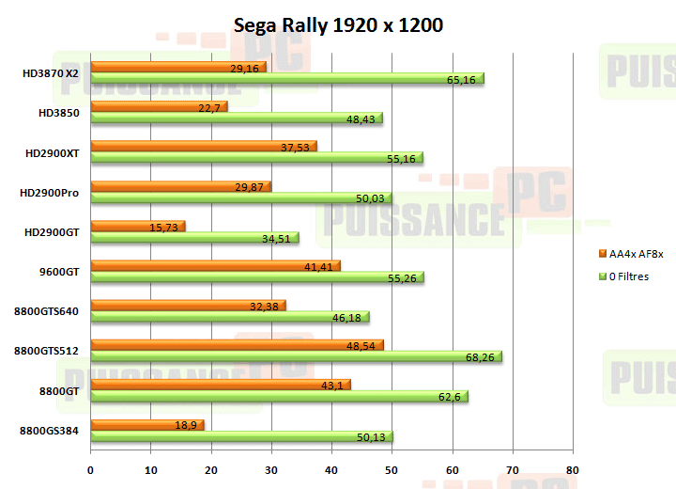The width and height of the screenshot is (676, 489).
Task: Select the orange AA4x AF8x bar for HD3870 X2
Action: (178, 67)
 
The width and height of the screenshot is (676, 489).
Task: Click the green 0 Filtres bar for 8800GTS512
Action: (296, 357)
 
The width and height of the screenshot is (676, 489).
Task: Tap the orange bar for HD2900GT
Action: (138, 226)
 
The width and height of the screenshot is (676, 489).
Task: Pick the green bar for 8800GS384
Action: (241, 436)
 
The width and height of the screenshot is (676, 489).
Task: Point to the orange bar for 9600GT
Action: (215, 266)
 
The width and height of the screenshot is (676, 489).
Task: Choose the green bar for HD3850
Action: (237, 119)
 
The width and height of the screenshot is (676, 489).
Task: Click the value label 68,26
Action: (478, 357)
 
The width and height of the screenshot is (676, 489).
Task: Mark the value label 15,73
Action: (163, 226)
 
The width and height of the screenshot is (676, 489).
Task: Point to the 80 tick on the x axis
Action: (573, 470)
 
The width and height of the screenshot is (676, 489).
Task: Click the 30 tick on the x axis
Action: (271, 470)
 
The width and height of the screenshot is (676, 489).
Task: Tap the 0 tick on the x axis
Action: (91, 470)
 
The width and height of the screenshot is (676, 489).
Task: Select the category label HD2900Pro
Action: (49, 193)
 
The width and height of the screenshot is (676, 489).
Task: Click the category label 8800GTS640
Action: (47, 311)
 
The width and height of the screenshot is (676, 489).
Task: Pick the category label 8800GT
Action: (58, 390)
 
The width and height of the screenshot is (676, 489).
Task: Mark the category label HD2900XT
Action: (52, 152)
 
